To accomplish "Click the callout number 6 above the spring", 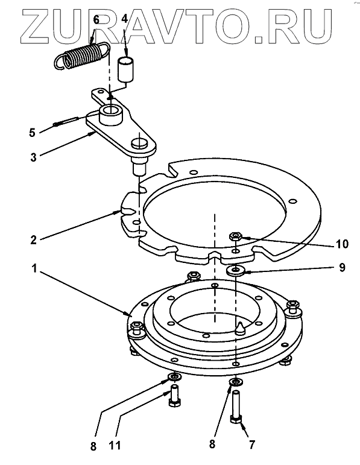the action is click(96, 19).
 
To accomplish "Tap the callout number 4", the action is click(124, 19).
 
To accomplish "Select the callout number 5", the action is click(33, 133).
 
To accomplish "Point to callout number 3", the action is click(33, 157).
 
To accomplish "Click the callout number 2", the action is click(33, 239).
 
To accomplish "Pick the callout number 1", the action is click(34, 268).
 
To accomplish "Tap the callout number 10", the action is click(342, 244).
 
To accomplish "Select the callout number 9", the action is click(342, 268).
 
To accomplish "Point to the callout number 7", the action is click(252, 444).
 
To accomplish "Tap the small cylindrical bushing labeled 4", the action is click(126, 69).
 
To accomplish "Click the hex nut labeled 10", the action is click(236, 236).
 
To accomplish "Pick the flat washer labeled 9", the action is click(236, 270).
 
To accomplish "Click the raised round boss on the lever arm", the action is click(110, 114).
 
